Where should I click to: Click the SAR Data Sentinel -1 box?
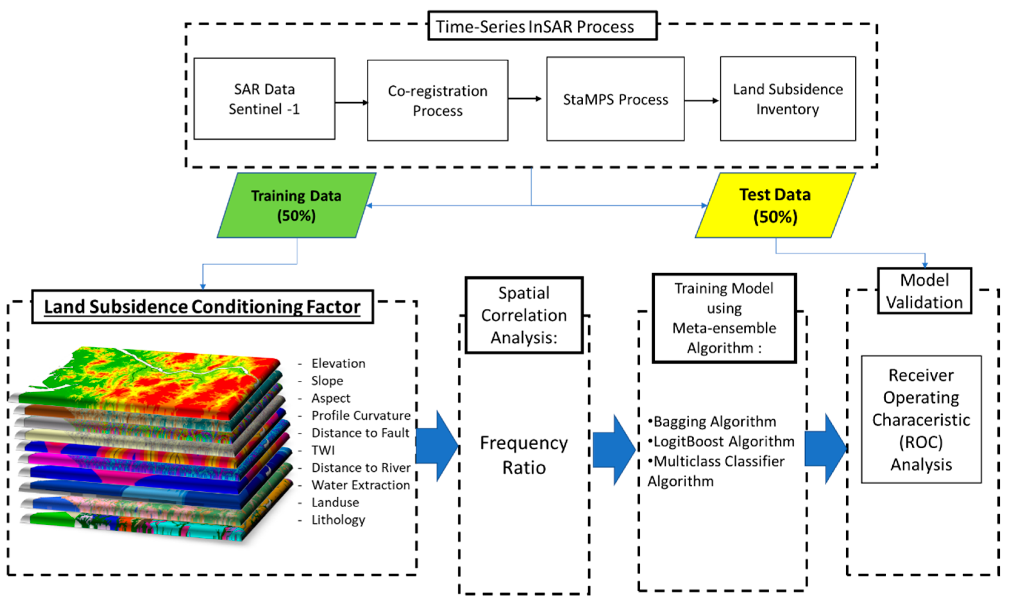[264, 99]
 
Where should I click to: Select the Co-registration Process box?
[438, 101]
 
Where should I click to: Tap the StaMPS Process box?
[615, 99]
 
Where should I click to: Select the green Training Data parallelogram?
[296, 206]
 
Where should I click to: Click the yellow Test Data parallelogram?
[775, 206]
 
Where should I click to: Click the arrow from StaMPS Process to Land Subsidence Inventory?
[702, 101]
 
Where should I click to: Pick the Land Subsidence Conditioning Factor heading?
[202, 307]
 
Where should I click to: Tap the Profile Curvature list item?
[361, 416]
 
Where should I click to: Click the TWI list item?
[323, 450]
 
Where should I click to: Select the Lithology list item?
[338, 520]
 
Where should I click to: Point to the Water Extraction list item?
[360, 485]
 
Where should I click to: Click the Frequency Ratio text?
[524, 455]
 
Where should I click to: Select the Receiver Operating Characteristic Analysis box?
[921, 420]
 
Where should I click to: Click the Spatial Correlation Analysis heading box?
[524, 315]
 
